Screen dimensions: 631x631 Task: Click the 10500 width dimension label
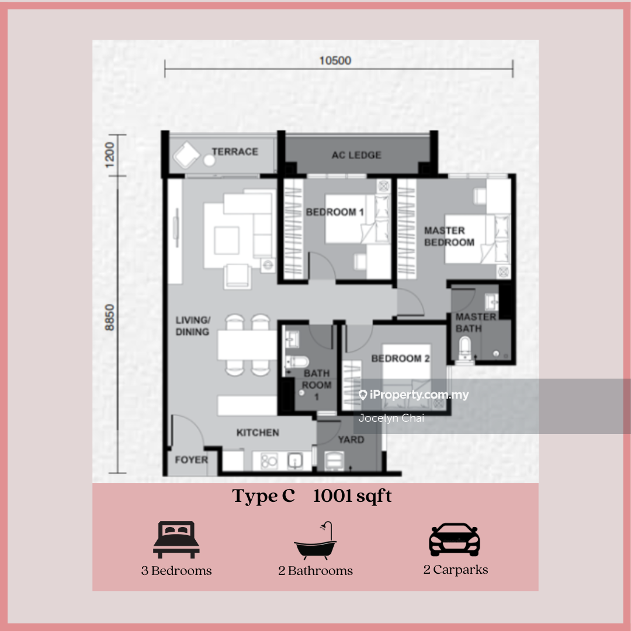(335, 61)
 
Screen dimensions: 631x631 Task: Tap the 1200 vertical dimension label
(109, 154)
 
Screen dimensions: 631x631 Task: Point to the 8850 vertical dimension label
(109, 317)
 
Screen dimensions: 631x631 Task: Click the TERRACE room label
(235, 152)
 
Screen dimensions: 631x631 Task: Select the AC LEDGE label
(356, 155)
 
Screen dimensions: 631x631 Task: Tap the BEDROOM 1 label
(335, 212)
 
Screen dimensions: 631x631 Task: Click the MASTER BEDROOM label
(449, 236)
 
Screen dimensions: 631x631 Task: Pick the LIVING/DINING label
(193, 326)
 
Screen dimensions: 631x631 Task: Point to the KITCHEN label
(258, 432)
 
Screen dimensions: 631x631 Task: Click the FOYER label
(192, 460)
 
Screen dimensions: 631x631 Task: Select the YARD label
(351, 439)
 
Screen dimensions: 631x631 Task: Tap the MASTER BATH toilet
(465, 348)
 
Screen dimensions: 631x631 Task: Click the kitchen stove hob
(269, 461)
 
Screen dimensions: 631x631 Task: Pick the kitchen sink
(295, 461)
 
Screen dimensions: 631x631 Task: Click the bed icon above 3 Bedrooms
(176, 540)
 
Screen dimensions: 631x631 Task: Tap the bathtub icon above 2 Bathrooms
(315, 541)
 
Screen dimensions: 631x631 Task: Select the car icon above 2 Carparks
(455, 540)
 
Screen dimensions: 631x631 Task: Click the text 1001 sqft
(352, 496)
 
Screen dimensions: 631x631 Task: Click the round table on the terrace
(209, 161)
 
